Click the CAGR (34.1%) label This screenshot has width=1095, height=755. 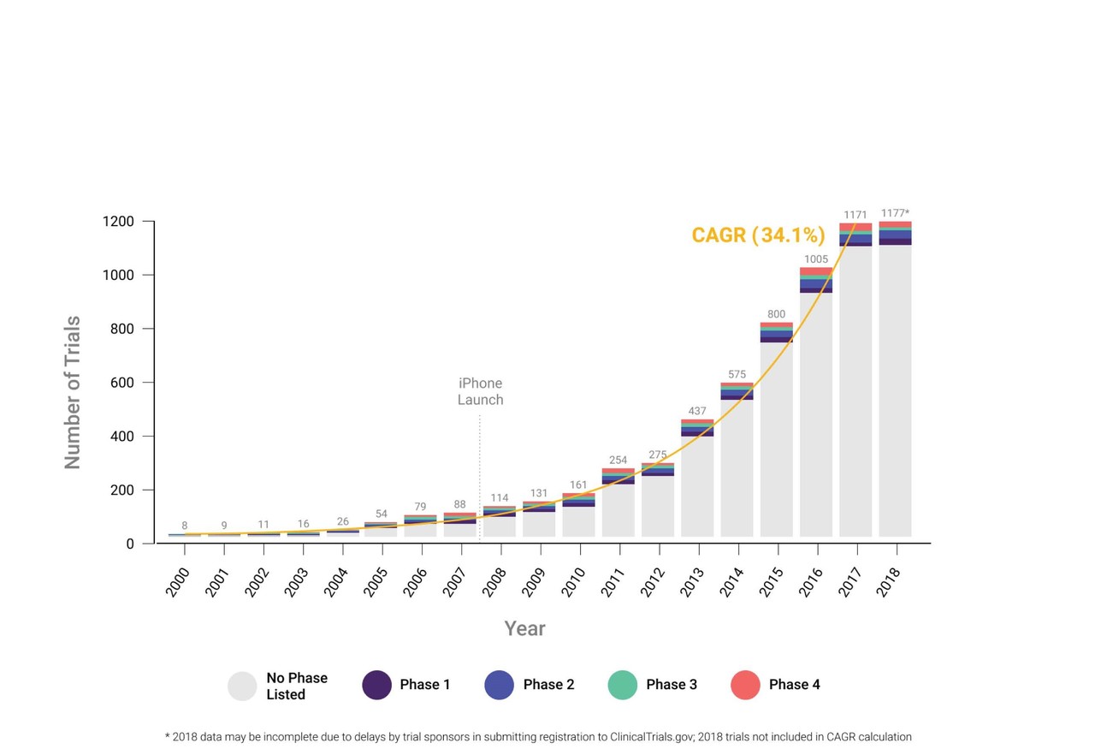click(758, 235)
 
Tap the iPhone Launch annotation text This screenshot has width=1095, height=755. click(480, 391)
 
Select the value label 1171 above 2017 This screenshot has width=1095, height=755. click(855, 215)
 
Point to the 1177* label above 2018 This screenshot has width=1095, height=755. click(895, 213)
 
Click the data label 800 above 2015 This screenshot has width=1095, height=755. click(776, 314)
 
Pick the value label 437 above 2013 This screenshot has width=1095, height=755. click(697, 411)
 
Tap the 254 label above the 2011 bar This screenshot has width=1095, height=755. click(618, 460)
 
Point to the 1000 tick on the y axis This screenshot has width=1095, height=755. click(119, 276)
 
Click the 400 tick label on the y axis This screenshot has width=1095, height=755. click(123, 437)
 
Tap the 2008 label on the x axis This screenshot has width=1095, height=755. click(494, 582)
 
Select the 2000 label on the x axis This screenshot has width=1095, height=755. click(178, 582)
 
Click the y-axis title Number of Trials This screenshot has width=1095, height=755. click(73, 392)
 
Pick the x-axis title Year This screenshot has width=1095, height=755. click(524, 629)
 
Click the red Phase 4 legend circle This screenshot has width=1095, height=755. click(745, 685)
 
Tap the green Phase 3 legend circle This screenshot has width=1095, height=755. click(622, 685)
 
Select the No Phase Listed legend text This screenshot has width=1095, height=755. click(296, 686)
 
